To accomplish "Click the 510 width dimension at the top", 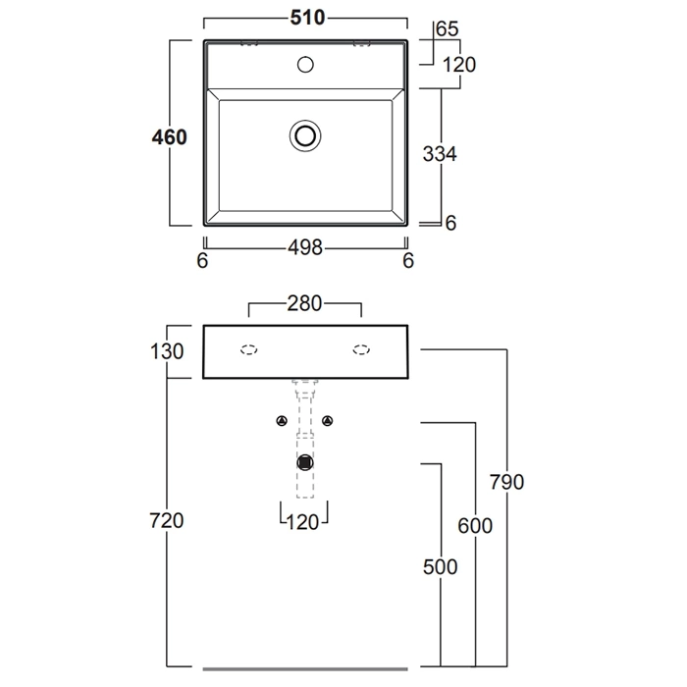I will [x=305, y=19].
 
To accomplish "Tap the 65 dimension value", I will [x=447, y=30].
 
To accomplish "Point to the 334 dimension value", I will [x=440, y=154].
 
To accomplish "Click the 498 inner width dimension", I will [x=305, y=248].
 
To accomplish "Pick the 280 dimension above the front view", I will [x=304, y=305].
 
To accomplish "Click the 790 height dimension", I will [x=506, y=483].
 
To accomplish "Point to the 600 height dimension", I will [x=475, y=525].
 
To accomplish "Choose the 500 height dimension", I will [x=441, y=567].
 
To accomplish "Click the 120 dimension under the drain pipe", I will [x=304, y=522].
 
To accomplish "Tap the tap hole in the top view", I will [x=305, y=66].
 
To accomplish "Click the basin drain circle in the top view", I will [x=305, y=134].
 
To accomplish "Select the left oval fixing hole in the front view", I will [x=249, y=349].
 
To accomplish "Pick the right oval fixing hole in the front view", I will [x=361, y=349].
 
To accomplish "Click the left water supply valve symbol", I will [x=282, y=422].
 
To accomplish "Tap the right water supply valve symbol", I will [x=328, y=422].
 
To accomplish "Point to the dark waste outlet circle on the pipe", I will [x=305, y=461].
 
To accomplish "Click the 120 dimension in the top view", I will [x=458, y=66].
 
